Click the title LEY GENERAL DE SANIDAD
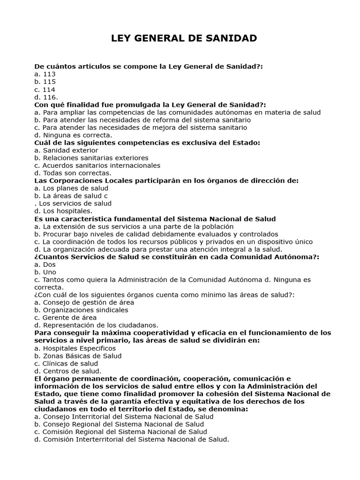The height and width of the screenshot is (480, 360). click(x=184, y=38)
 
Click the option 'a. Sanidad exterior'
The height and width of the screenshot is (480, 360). click(x=66, y=150)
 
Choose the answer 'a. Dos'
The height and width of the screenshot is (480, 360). click(x=45, y=264)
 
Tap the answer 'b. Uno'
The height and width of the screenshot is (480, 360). click(x=45, y=272)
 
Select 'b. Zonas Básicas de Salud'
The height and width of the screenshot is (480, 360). click(x=78, y=356)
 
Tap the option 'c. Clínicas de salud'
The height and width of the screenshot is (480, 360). click(x=66, y=363)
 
